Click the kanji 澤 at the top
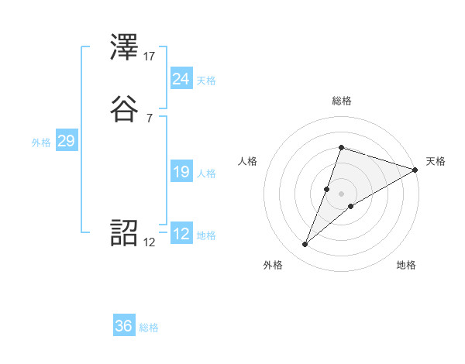[125, 50]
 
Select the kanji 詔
[125, 233]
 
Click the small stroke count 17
[150, 56]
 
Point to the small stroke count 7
[149, 118]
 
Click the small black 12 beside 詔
[150, 242]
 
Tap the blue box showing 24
[181, 78]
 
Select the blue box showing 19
[181, 173]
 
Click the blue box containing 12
[181, 233]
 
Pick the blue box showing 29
[66, 141]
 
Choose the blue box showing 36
[124, 326]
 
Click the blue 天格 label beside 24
[206, 81]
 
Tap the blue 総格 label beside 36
[149, 328]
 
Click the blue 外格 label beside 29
[40, 143]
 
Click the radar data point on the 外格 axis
[305, 245]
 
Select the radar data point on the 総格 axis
[341, 147]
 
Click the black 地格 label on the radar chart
[406, 266]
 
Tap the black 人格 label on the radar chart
[248, 161]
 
